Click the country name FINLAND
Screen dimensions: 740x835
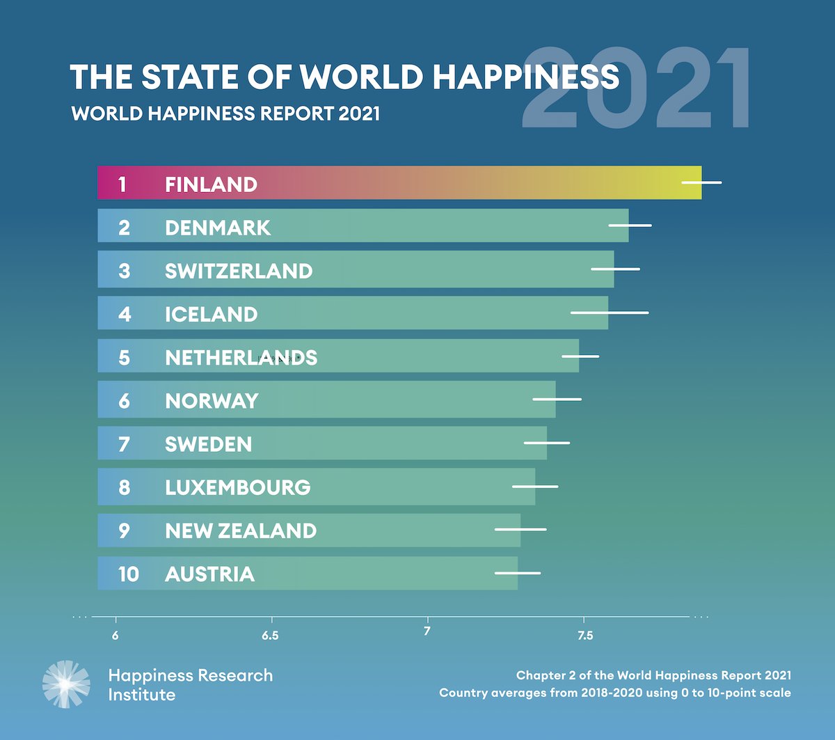[211, 184]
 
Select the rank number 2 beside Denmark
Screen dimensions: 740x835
[124, 228]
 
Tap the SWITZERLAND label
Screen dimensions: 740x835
[239, 271]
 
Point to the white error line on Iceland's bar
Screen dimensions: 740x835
[610, 313]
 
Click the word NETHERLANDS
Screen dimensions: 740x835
[241, 358]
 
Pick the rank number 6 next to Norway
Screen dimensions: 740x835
[124, 401]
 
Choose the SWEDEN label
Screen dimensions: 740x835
[208, 444]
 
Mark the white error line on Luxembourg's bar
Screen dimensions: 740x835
[535, 487]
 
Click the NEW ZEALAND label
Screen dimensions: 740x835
[241, 531]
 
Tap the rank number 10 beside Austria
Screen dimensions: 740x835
[128, 574]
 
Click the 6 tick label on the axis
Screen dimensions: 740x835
[116, 636]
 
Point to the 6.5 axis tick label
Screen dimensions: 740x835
[271, 636]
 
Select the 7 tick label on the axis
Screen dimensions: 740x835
[427, 631]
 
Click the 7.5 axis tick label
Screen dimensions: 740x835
[585, 636]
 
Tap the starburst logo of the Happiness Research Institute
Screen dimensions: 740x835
[66, 684]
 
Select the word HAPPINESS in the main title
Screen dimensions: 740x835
[525, 77]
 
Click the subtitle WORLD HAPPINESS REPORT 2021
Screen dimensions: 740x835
[225, 113]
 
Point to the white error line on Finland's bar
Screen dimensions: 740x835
[701, 182]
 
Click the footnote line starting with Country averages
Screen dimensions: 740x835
[614, 693]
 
